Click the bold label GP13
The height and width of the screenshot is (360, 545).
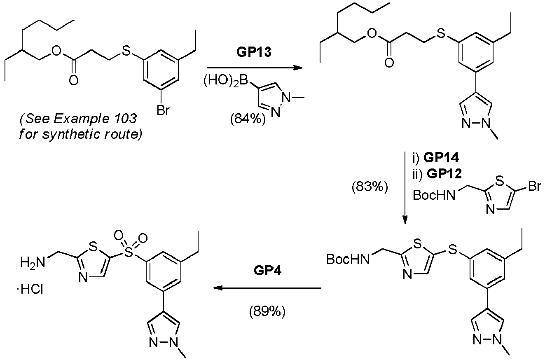point(254,52)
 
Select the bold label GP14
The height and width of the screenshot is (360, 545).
point(441,158)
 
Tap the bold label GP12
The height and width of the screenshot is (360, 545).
point(444,174)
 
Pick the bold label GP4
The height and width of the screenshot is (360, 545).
point(267,270)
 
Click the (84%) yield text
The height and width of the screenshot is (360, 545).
point(248,119)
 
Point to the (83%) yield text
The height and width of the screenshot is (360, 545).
point(370,187)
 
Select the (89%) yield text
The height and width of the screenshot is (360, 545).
point(267,311)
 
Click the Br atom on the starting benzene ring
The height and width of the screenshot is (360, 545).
point(163,110)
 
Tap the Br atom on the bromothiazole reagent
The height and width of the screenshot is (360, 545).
point(535,187)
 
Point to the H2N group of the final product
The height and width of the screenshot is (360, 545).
point(33,263)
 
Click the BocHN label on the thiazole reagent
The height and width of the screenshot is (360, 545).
point(434,195)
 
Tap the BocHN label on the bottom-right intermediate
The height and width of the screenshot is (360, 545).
point(348,259)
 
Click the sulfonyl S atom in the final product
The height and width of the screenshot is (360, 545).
point(129,253)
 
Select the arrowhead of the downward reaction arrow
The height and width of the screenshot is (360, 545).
point(405,220)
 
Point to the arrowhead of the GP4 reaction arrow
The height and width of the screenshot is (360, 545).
point(218,288)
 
